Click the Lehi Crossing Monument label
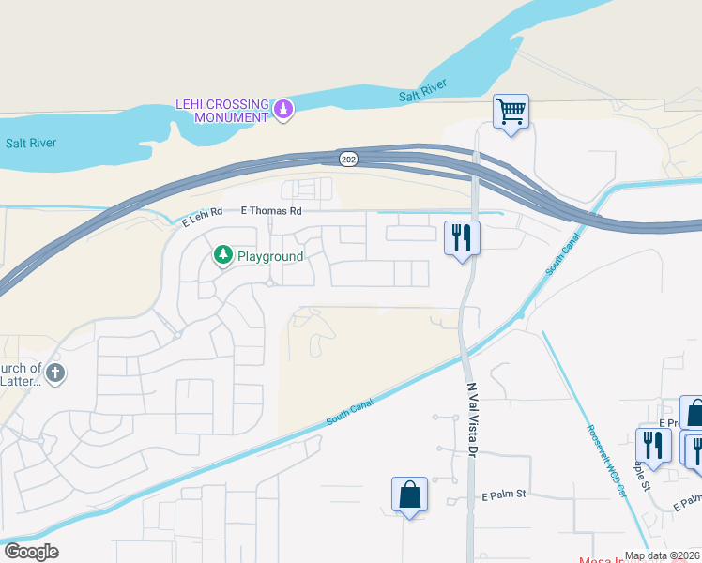[222, 111]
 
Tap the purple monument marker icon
[282, 111]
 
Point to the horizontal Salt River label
[31, 144]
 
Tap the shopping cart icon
[511, 112]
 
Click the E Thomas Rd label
[271, 211]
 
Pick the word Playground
[269, 256]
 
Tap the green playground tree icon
[223, 255]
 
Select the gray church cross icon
[55, 373]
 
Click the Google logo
[31, 552]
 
